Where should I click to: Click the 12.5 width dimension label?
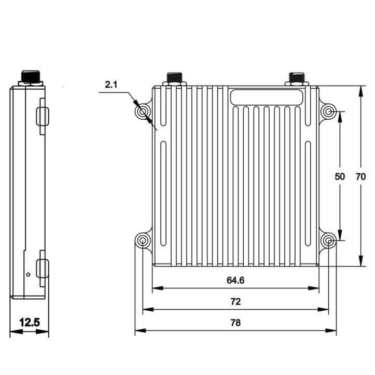(30, 322)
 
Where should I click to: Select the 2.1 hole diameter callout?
(111, 85)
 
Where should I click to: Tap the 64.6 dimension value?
(235, 280)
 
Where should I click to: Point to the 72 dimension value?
(235, 301)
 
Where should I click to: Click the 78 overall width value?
(235, 323)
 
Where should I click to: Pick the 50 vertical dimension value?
(340, 176)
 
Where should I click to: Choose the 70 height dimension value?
(360, 176)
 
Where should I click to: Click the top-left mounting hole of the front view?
(143, 112)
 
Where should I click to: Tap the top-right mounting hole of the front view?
(329, 112)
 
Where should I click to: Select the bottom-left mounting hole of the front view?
(143, 240)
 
